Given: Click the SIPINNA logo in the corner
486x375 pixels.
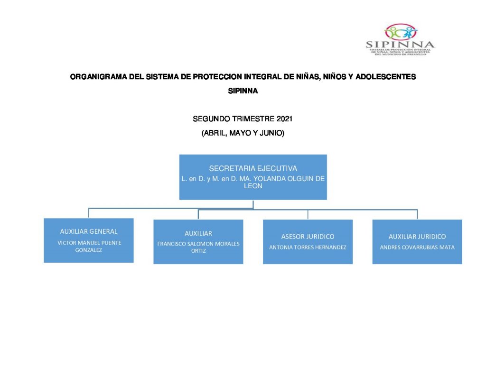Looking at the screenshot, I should click(x=400, y=40).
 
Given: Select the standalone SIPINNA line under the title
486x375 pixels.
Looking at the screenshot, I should click(x=243, y=91).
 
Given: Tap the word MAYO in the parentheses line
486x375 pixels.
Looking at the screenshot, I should click(x=241, y=133).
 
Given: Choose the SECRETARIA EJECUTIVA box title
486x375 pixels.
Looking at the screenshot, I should click(x=253, y=168).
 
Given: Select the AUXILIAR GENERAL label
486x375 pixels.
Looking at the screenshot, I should click(x=89, y=231).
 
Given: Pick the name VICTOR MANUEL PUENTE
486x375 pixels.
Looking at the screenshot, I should click(x=89, y=243).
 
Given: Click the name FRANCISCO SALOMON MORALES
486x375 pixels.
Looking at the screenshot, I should click(x=198, y=244).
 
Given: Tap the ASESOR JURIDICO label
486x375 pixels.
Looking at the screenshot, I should click(x=308, y=237).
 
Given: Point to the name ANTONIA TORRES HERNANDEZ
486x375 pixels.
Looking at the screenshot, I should click(x=308, y=247).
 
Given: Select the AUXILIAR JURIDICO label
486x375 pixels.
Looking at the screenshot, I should click(x=417, y=237).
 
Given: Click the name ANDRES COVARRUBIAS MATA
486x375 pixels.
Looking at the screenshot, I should click(x=417, y=247).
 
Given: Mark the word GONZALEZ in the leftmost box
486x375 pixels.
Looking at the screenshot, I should click(x=89, y=250).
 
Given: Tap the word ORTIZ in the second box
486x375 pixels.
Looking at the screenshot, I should click(x=198, y=251).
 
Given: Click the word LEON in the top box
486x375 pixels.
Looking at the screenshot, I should click(x=253, y=186).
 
